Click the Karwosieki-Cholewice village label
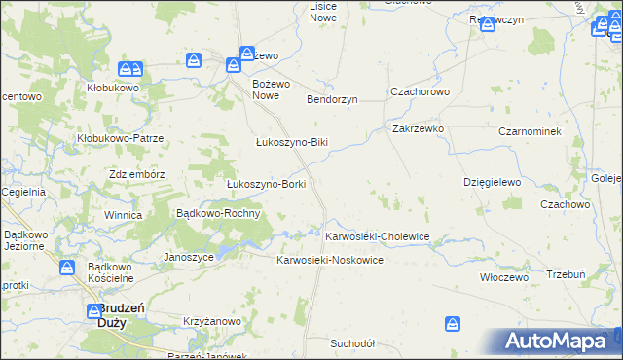pyautogui.click(x=377, y=236)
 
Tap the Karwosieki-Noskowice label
pyautogui.click(x=330, y=261)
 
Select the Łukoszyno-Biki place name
pyautogui.click(x=292, y=142)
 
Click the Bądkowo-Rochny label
pyautogui.click(x=217, y=213)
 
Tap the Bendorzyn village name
pyautogui.click(x=333, y=99)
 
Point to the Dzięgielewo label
pyautogui.click(x=493, y=182)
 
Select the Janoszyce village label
pyautogui.click(x=189, y=257)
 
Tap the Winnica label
pyautogui.click(x=124, y=215)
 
